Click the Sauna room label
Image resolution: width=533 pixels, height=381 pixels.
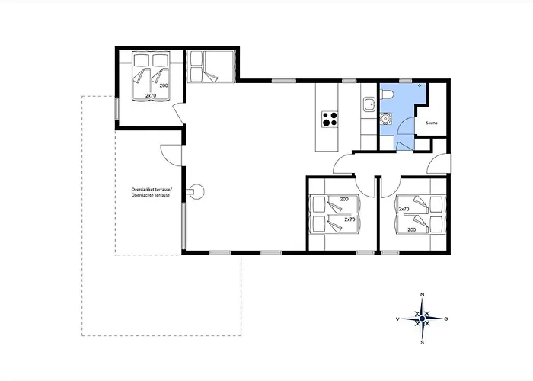point(432,123)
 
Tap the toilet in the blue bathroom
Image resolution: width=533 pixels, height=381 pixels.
point(387,94)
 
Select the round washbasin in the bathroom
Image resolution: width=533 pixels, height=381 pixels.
point(385,118)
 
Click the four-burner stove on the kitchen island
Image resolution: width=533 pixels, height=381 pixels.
point(330,119)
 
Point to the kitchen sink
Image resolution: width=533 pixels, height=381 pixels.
point(369,104)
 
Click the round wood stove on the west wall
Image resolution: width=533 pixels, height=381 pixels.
point(196,191)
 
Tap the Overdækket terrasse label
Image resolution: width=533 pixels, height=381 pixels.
point(152,190)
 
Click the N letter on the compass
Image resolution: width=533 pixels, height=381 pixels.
point(423,294)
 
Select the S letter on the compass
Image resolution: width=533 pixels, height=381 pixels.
point(422,342)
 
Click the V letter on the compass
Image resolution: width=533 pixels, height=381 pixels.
point(397,319)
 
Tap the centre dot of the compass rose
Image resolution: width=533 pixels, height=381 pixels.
point(422,319)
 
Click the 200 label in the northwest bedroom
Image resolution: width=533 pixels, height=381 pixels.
point(164,85)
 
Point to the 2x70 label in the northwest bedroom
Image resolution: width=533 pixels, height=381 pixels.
point(151,96)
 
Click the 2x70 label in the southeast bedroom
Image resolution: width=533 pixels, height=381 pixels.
point(404,210)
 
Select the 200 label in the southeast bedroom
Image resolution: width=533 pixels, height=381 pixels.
point(412,229)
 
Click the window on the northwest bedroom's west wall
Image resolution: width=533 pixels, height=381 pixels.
point(116,109)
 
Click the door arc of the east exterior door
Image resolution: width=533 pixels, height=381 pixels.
point(435,160)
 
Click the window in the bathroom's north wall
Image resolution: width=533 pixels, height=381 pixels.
point(405,81)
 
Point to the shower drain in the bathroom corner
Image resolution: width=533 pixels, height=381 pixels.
point(420,85)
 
